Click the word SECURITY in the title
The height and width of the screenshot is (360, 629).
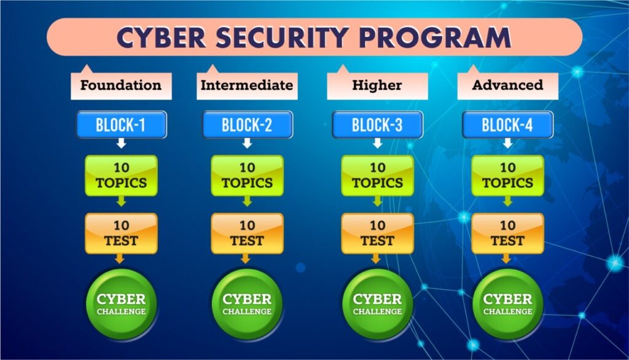pos(281,37)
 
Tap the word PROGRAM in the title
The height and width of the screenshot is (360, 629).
pos(435,37)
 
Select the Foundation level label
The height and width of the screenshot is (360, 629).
pos(121,85)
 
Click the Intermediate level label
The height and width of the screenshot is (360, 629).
pos(247,85)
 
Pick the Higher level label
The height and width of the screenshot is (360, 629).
pos(377,85)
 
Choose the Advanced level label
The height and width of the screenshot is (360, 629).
pos(507,85)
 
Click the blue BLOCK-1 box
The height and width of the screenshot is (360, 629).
pos(121,125)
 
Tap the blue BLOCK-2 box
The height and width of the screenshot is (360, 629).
pos(247,125)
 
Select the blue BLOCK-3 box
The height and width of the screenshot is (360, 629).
pos(377,125)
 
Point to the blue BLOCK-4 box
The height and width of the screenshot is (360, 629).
pos(507,125)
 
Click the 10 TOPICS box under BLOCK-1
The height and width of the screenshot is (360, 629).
pos(121,176)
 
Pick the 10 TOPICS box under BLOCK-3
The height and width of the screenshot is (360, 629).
pos(377,176)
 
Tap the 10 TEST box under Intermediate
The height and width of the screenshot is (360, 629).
pos(247,233)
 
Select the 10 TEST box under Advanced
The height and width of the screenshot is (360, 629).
pos(507,233)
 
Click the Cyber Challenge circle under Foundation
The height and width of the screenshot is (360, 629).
pos(121,304)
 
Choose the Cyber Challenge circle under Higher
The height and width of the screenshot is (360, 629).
pos(377,304)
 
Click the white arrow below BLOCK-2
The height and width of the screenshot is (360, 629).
pos(247,143)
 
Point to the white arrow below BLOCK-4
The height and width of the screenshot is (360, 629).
pos(507,143)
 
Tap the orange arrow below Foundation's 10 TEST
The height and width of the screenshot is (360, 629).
pos(120,259)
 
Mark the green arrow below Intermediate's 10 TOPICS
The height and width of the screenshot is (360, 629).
pos(247,201)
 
